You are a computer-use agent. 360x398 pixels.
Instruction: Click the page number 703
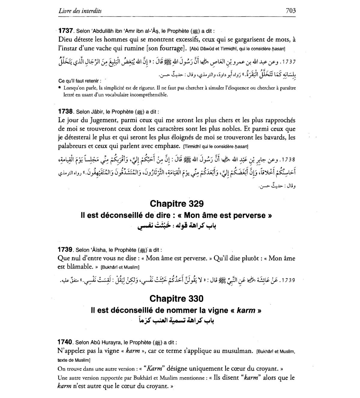point(291,11)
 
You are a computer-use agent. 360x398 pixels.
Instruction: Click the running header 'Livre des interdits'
point(80,11)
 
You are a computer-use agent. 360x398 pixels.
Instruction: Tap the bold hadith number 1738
point(66,111)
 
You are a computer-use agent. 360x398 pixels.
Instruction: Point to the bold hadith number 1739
point(65,249)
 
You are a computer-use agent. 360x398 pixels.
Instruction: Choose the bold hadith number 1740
point(65,342)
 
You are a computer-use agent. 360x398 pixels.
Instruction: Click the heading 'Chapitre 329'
point(176,204)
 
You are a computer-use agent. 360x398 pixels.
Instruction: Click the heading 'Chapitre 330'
point(176,298)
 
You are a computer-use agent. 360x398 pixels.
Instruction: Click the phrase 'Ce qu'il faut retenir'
point(79,81)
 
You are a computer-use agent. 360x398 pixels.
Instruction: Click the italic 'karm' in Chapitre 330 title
point(246,310)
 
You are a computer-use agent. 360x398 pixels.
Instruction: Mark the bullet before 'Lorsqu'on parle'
point(60,88)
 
